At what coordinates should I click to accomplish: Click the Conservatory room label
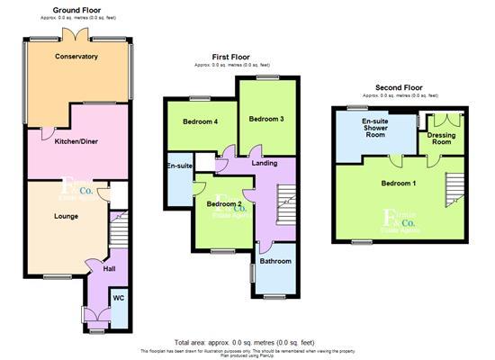point(76,57)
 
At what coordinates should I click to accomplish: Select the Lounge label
point(66,216)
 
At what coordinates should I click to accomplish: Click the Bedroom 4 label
point(200,121)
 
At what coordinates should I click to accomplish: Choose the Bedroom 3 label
point(266,119)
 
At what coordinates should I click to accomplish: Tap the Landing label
point(264,163)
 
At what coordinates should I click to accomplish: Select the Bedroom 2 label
point(222,204)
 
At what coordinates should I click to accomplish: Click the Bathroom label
point(275,261)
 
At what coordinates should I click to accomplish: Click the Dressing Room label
point(440,138)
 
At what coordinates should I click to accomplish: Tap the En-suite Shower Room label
point(375,129)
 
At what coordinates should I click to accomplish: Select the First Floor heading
point(230,57)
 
